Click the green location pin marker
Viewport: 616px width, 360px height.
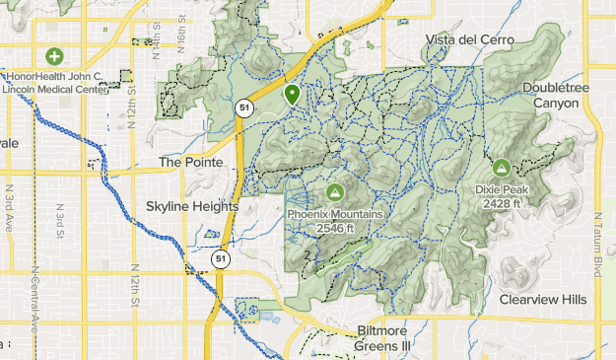pos(292,95)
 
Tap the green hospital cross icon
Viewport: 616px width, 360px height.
pos(52,56)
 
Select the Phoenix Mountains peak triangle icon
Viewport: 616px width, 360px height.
pos(334,191)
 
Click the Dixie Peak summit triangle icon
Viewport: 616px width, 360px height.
pos(501,168)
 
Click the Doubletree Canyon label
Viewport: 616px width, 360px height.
pos(557,95)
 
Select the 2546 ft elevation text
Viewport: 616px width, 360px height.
pos(334,228)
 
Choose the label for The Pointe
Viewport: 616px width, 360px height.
pos(192,162)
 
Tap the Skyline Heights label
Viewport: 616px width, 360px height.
pos(192,207)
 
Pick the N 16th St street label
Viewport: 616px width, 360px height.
pos(157,43)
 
